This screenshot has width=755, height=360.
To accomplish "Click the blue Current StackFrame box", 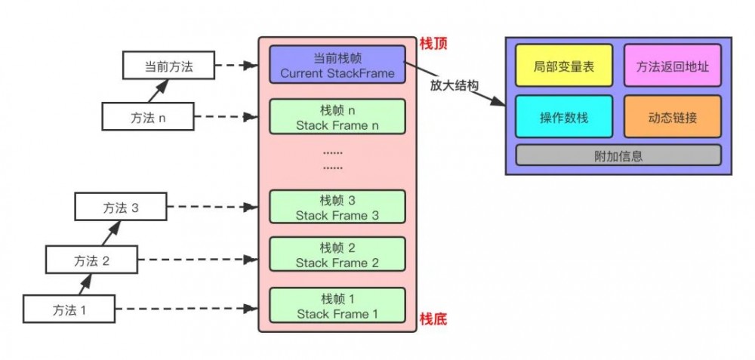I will [337, 65].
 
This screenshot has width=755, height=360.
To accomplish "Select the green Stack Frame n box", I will [337, 117].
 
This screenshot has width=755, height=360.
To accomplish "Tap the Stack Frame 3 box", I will [337, 208].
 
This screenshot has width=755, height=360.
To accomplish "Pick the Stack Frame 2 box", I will [337, 255].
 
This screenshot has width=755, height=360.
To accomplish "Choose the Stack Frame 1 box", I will [337, 306].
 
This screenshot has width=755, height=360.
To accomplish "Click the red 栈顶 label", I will [433, 44].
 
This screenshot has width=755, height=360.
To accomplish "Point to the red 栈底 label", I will [433, 319].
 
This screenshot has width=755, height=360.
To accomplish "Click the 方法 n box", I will [148, 117].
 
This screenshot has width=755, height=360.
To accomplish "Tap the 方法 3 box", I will [121, 208].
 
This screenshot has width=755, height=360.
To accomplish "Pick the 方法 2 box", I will [91, 260].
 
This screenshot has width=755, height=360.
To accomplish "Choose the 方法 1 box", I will [69, 309].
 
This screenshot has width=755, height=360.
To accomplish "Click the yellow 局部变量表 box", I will [564, 66].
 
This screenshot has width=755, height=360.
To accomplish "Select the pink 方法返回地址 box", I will [672, 66].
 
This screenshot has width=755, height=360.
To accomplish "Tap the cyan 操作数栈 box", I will [564, 117].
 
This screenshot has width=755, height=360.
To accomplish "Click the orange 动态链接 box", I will [672, 117].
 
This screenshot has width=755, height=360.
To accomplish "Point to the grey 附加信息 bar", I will [618, 156].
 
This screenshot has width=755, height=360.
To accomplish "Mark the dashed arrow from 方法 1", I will [185, 309].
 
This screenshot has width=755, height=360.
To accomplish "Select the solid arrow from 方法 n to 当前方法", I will [157, 91].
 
